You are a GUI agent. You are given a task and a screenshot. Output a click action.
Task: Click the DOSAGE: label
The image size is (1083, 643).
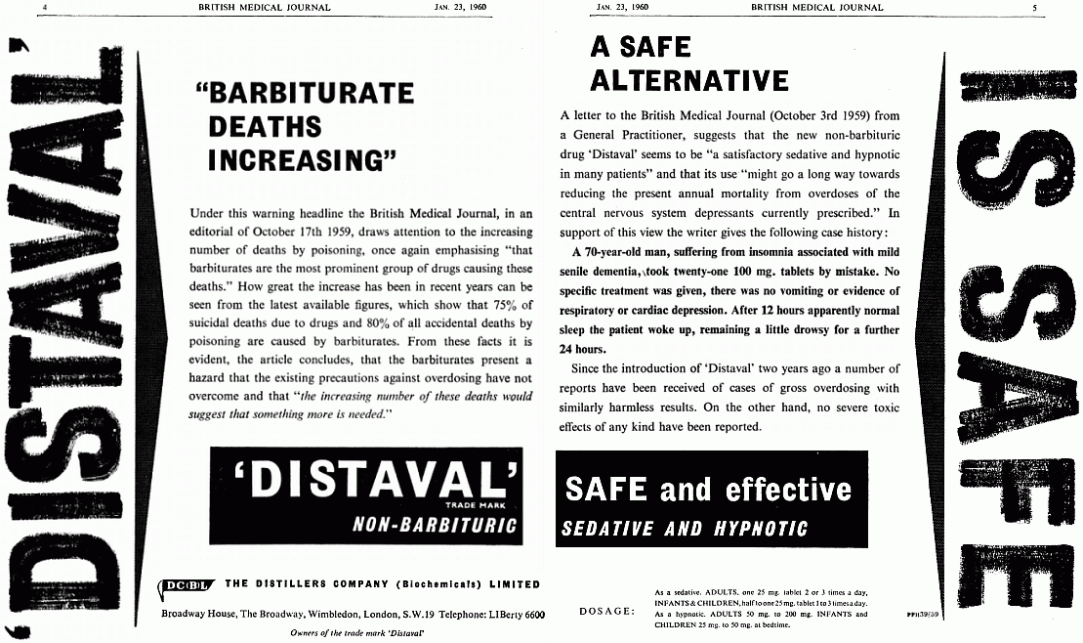(x=607, y=612)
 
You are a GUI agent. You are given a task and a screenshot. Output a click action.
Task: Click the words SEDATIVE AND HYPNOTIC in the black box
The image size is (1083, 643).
(x=686, y=529)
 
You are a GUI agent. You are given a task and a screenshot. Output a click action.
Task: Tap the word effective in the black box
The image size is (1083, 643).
(x=785, y=489)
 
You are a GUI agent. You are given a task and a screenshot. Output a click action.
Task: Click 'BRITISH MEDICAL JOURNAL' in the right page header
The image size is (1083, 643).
(x=817, y=7)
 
